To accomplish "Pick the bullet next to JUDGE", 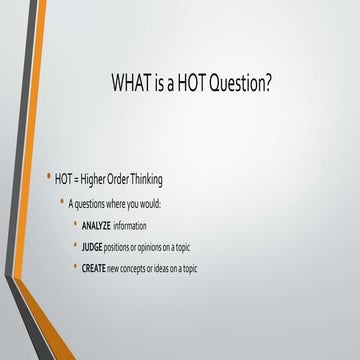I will pos(75,246).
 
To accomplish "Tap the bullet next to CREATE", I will pos(75,267).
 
